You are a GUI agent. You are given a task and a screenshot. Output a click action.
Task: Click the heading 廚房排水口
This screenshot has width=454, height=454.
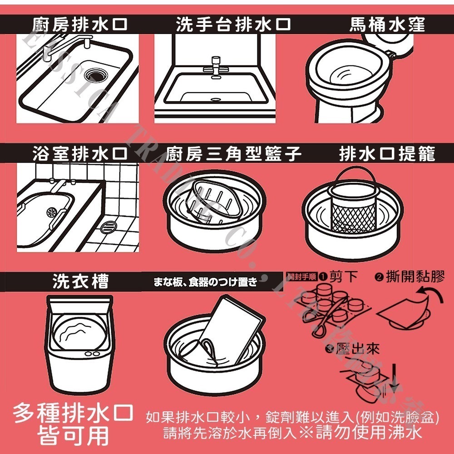(79, 24)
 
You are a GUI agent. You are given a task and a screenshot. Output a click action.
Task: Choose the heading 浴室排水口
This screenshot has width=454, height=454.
(79, 154)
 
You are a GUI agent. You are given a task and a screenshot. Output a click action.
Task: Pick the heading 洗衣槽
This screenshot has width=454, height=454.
(81, 282)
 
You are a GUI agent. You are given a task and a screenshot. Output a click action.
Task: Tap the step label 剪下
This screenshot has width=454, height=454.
(344, 276)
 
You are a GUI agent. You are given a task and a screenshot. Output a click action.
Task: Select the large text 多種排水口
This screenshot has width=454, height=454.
(73, 413)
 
